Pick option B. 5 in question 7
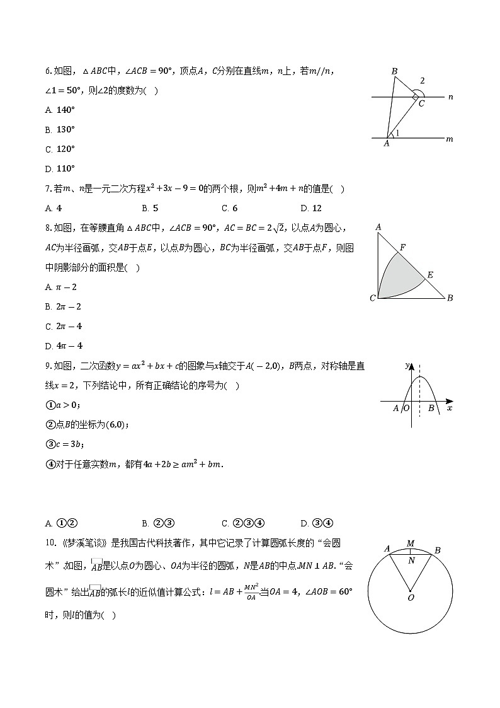[150, 208]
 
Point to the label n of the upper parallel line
[450, 97]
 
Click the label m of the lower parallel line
[449, 139]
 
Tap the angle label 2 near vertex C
[423, 81]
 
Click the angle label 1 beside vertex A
[397, 133]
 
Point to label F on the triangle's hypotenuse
[402, 248]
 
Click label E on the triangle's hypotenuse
[430, 275]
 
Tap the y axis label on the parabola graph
[407, 366]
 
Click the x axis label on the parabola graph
[449, 409]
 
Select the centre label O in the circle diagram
[411, 597]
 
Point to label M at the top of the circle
[411, 543]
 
